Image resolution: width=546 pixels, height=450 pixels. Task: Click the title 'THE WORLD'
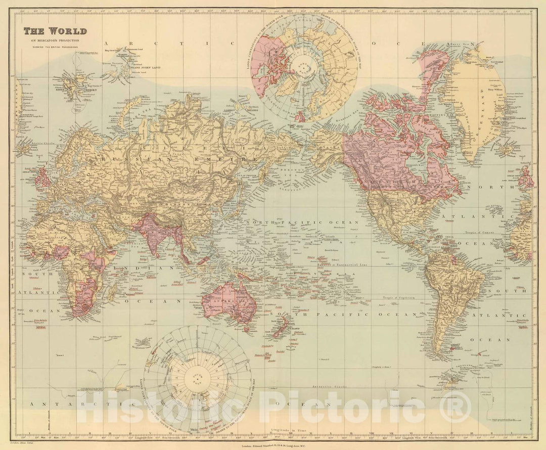point(55,31)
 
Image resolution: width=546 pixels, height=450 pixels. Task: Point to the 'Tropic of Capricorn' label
point(399,298)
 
